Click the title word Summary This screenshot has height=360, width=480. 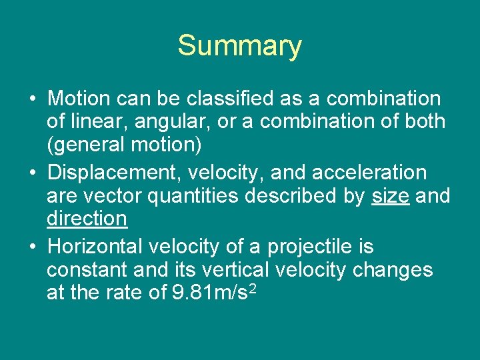(239, 46)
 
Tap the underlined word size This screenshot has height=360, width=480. (390, 197)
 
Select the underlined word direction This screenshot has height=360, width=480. (87, 219)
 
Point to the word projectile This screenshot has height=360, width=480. (310, 247)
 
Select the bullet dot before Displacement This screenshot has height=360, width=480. (32, 173)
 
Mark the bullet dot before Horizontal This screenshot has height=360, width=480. (32, 247)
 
